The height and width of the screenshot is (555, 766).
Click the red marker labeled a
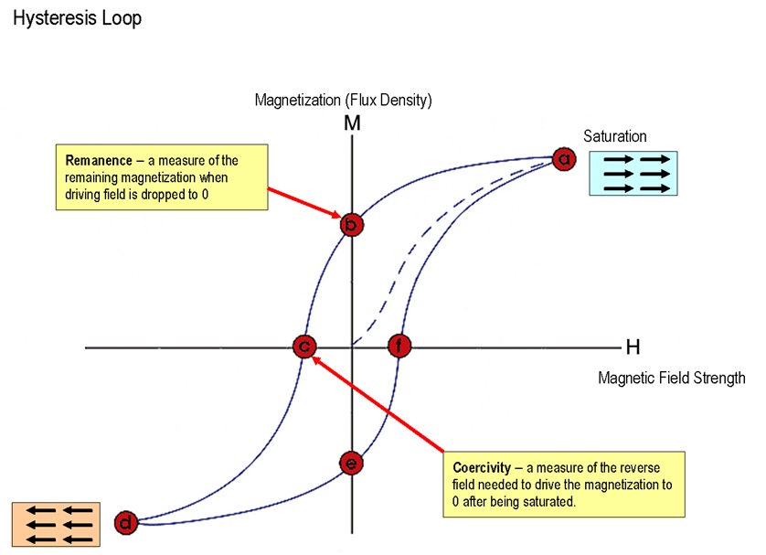[565, 159]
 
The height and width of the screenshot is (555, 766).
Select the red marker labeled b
[351, 224]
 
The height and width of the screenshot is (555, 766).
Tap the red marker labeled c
[304, 347]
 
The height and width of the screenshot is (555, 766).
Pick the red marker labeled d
[127, 523]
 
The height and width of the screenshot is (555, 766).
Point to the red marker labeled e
[351, 464]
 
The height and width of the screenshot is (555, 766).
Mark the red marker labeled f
[399, 347]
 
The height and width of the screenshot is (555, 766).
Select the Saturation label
[615, 136]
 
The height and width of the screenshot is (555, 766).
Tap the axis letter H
[633, 347]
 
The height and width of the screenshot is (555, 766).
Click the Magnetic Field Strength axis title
[671, 377]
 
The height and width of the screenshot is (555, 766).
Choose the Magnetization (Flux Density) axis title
[343, 99]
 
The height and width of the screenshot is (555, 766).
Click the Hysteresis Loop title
[77, 18]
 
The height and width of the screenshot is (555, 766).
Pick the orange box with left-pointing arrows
[51, 525]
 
